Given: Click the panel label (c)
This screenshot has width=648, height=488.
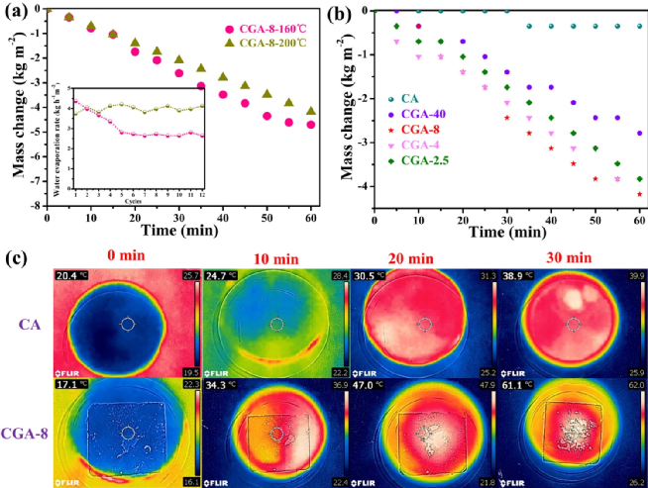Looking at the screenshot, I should [x=18, y=258].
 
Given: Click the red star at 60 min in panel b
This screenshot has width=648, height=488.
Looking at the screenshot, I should [x=639, y=194].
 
